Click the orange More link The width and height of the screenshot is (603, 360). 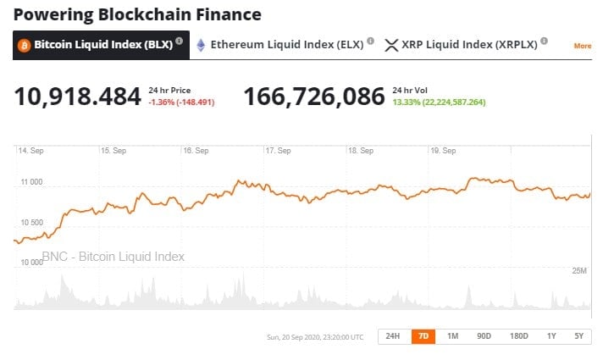[x=582, y=46]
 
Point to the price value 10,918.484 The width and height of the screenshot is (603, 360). [x=77, y=97]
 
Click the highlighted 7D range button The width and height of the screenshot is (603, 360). [x=423, y=336]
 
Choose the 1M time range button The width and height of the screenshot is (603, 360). [x=452, y=336]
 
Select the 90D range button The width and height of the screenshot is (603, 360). [x=484, y=336]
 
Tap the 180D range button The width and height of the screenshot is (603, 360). [x=518, y=336]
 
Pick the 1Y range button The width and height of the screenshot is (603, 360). [x=551, y=336]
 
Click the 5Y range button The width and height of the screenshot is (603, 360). [x=578, y=336]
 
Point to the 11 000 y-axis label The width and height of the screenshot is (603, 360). [x=30, y=182]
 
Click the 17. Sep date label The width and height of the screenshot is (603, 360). [x=278, y=151]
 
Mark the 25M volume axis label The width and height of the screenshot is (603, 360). [x=579, y=270]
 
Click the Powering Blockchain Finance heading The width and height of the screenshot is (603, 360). [x=137, y=14]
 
